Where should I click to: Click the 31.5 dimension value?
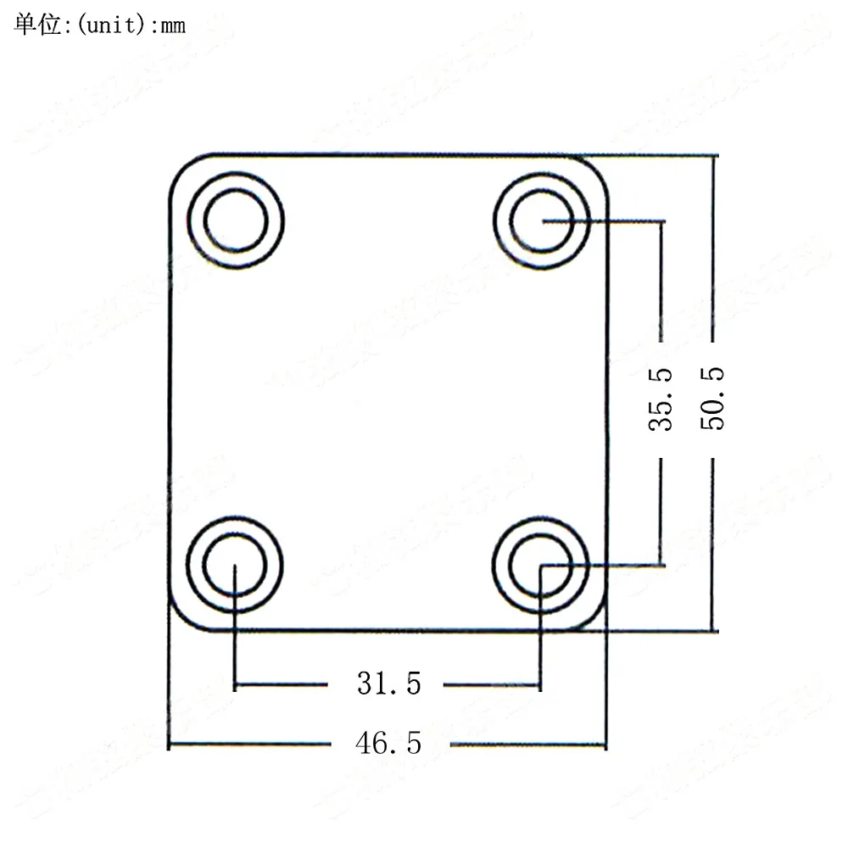point(388,683)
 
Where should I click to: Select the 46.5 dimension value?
point(388,744)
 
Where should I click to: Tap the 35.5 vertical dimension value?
point(661,399)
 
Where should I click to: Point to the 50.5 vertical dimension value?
point(714,399)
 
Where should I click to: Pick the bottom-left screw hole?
point(235,564)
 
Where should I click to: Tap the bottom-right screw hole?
point(541,564)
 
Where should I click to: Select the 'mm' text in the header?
point(172,26)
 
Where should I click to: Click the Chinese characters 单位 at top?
point(38,25)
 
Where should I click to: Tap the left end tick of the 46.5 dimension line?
point(169,745)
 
